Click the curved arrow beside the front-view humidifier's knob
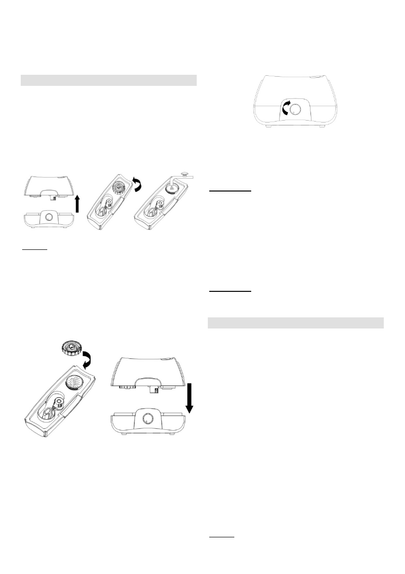point(285,109)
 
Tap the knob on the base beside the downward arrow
point(146,419)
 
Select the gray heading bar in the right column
point(295,322)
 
